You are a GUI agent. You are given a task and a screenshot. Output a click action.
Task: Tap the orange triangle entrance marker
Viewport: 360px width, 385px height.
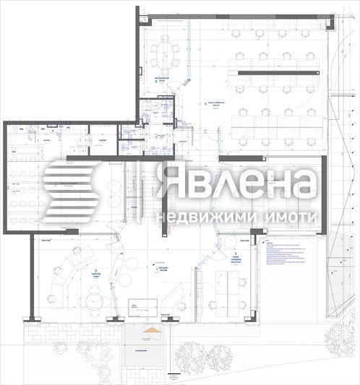(151, 334)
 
